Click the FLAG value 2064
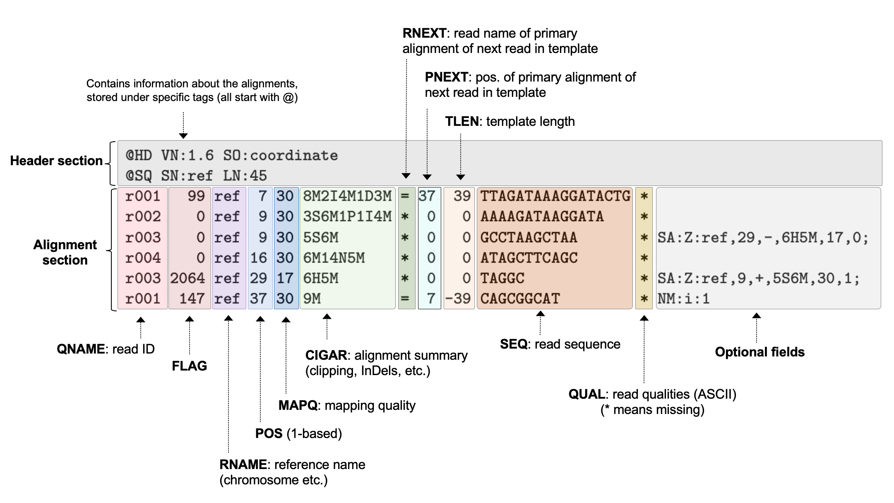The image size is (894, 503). click(187, 278)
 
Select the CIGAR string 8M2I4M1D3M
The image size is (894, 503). click(347, 196)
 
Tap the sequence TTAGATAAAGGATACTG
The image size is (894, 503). click(555, 196)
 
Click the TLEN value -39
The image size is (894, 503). click(458, 298)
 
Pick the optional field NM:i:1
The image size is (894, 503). click(683, 298)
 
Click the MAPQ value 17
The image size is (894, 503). click(285, 278)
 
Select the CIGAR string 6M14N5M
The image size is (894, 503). click(334, 258)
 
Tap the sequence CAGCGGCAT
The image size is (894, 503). click(520, 298)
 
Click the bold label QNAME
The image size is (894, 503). click(81, 349)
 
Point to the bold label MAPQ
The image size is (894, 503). click(298, 405)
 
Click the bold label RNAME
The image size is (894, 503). click(243, 464)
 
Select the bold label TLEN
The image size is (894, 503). click(461, 121)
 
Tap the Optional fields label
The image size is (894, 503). click(759, 352)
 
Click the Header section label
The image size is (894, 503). click(56, 161)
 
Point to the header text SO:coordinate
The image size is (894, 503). click(280, 156)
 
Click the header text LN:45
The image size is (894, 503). click(245, 176)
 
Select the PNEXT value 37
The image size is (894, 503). click(427, 196)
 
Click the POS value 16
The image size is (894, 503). click(258, 258)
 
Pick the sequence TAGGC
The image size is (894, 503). click(502, 278)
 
